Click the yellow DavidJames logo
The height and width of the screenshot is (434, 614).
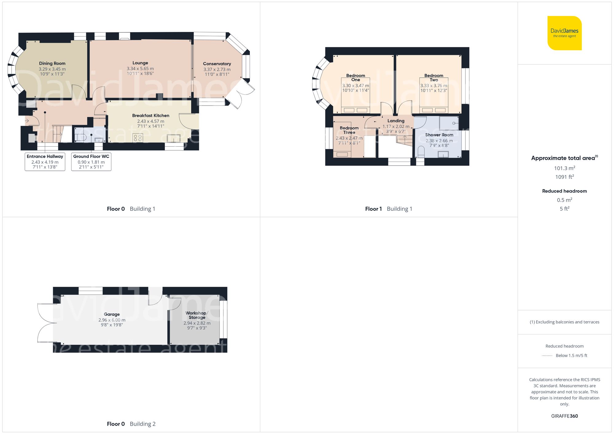(564, 33)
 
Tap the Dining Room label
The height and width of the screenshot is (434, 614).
(52, 63)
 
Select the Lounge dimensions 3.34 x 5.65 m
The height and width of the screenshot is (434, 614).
(140, 69)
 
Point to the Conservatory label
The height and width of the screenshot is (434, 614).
(217, 64)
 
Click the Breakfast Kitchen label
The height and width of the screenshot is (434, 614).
(150, 116)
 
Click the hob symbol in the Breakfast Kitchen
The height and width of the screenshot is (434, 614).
(138, 138)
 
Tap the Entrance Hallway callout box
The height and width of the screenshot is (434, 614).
(45, 162)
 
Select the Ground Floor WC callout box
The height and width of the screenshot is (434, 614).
(91, 162)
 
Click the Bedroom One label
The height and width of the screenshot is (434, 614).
(356, 78)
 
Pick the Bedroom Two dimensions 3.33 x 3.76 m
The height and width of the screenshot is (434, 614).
(433, 86)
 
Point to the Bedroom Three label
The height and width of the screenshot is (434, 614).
(349, 130)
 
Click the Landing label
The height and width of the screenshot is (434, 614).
(396, 121)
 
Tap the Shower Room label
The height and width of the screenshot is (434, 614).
(439, 135)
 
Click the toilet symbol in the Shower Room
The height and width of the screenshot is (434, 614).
(421, 152)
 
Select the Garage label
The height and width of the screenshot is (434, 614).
(112, 314)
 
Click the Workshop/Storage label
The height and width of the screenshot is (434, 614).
(197, 315)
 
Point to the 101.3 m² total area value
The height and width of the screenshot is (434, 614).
(564, 168)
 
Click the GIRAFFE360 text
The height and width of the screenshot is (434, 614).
(564, 416)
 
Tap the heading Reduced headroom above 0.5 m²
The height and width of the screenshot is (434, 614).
(564, 191)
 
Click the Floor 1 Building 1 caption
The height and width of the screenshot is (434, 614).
(388, 209)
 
